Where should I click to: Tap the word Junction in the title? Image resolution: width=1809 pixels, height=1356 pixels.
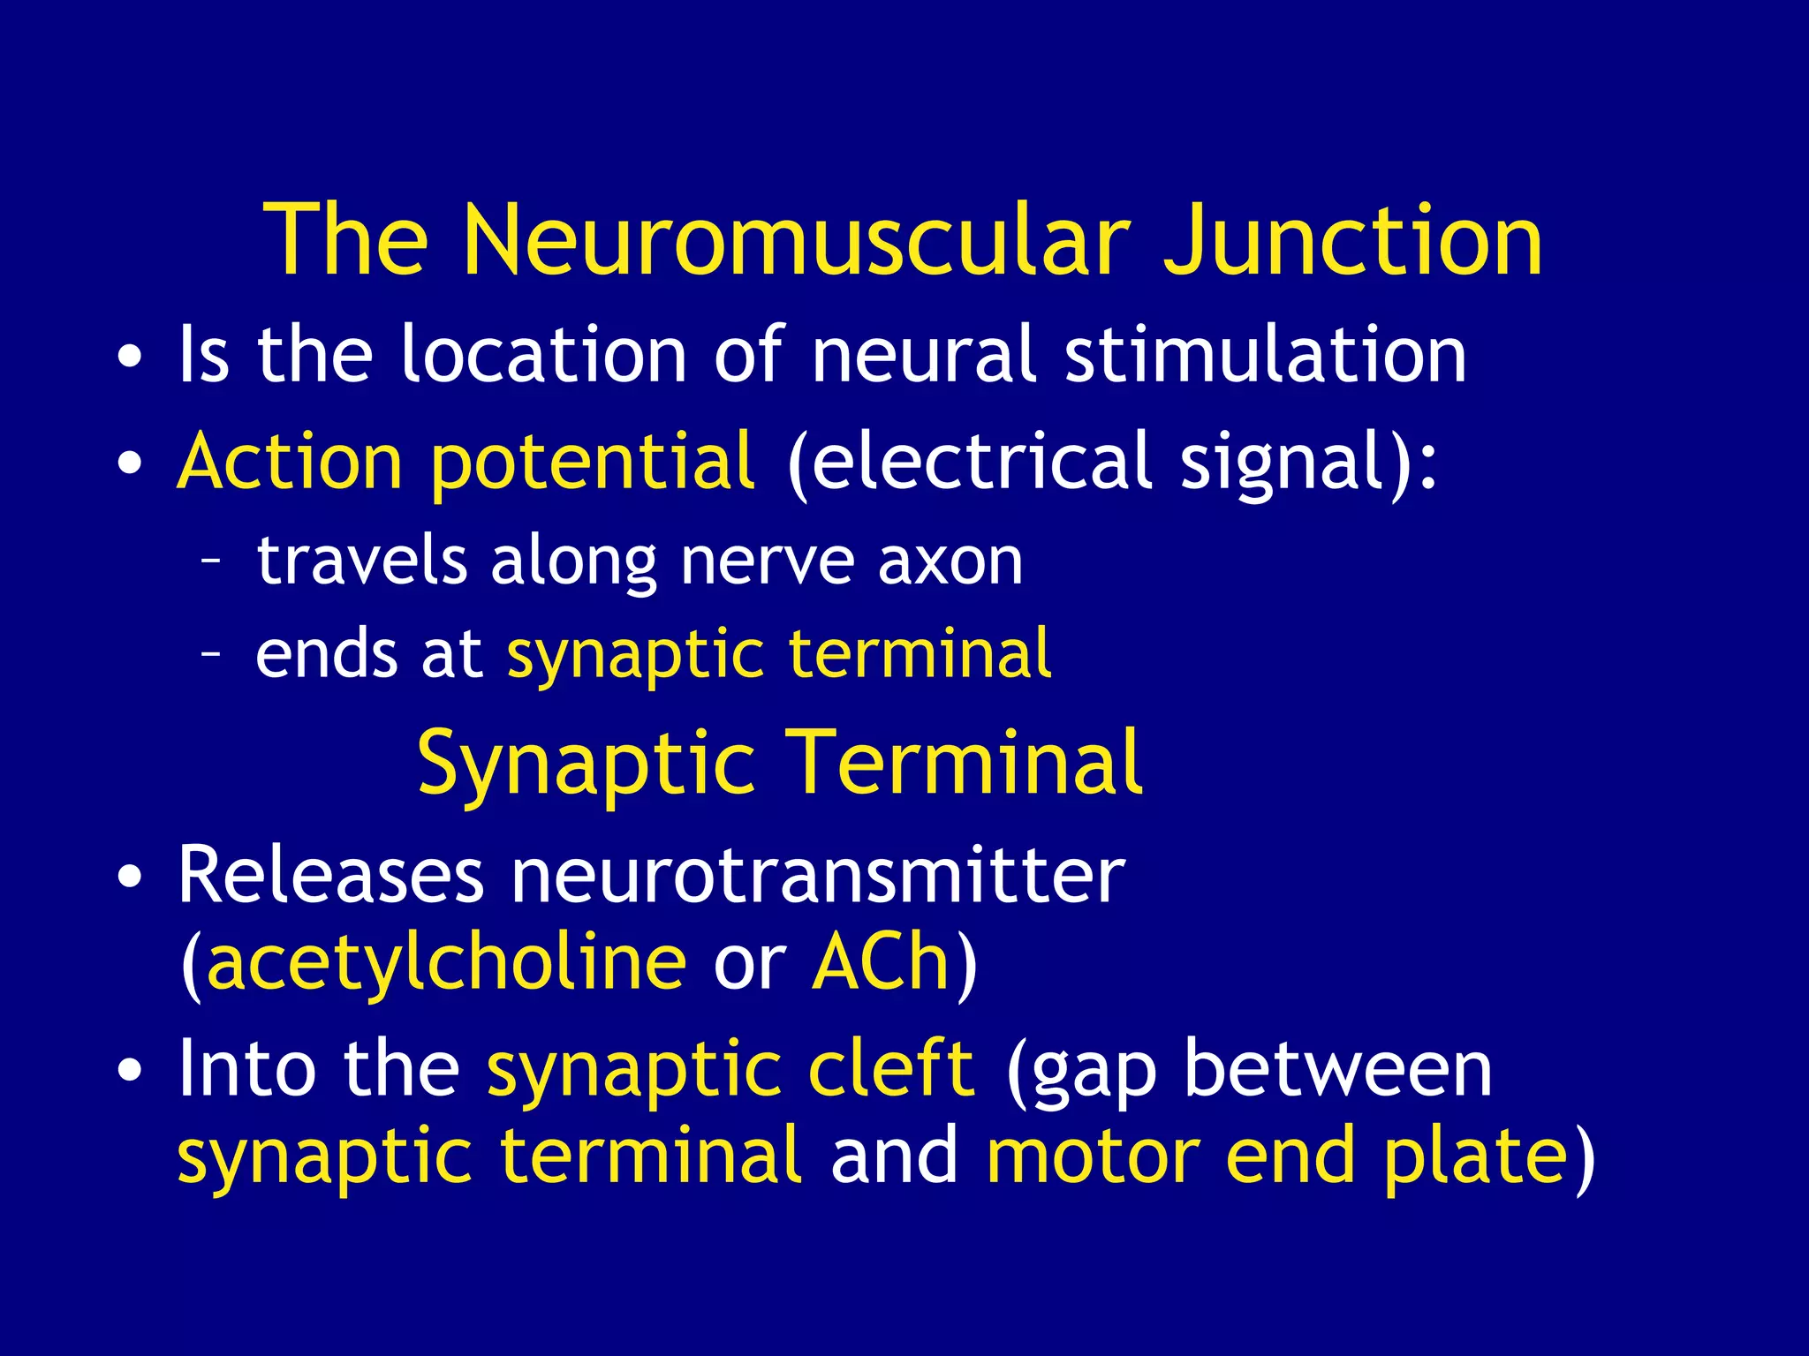(x=1352, y=240)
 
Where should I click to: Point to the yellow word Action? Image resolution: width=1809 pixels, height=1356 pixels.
(x=290, y=461)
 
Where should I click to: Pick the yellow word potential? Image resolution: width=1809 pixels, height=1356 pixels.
(x=592, y=463)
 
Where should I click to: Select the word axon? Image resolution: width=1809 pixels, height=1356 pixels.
(x=950, y=561)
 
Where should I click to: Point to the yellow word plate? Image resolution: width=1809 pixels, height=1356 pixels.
(x=1475, y=1157)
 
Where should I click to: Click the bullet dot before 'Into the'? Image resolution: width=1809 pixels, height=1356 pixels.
(x=129, y=1071)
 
